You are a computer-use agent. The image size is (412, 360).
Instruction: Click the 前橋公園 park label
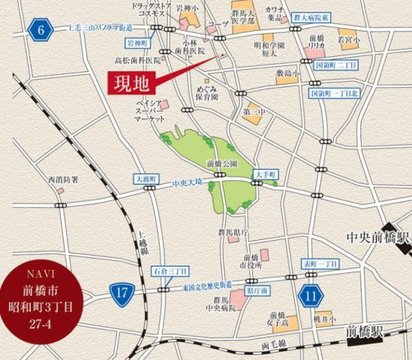point(222,163)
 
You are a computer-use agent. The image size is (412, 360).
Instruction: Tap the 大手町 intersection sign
point(266,174)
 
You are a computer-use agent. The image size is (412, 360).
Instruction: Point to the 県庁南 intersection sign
point(257,289)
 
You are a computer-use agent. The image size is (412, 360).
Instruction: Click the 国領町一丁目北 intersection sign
point(334,93)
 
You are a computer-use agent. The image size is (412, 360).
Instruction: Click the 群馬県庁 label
point(230,232)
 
